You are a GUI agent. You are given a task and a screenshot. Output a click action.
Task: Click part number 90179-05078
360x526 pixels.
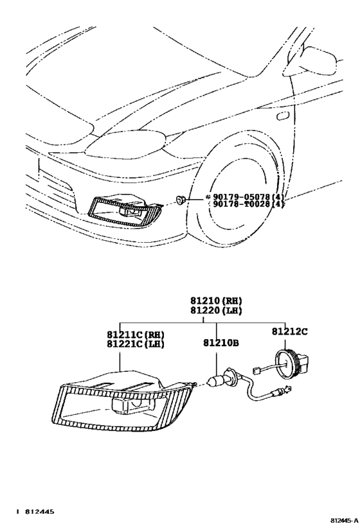coord(239,197)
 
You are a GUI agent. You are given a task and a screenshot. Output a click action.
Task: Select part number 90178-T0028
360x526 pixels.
coord(239,204)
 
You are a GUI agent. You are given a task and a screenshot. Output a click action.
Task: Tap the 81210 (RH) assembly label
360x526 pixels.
coord(216,301)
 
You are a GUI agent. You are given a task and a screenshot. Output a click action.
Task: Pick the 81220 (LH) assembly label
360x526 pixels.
coord(216,311)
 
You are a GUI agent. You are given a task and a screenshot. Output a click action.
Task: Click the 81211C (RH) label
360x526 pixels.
coord(136,335)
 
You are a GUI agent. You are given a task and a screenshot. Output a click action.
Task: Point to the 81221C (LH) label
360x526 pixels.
coord(136,344)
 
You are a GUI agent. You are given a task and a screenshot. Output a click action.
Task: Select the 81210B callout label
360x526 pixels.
coord(221,343)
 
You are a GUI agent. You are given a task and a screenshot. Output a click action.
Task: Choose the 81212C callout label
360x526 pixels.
coord(289,331)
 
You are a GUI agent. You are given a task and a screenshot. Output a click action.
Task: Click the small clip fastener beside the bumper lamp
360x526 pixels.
coord(181,200)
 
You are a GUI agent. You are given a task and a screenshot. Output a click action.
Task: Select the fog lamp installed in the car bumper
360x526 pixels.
coord(123,211)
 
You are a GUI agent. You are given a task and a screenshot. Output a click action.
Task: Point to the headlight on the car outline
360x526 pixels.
coord(125,144)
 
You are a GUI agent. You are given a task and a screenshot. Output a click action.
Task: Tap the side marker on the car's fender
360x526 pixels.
coord(282,116)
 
